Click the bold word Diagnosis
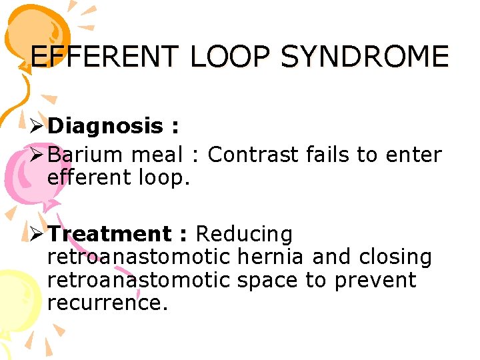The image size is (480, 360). click(x=105, y=125)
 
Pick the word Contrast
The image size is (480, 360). click(x=253, y=155)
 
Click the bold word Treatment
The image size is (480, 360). click(x=109, y=234)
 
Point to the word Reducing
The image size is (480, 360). click(x=244, y=234)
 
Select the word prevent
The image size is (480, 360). click(x=375, y=279)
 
